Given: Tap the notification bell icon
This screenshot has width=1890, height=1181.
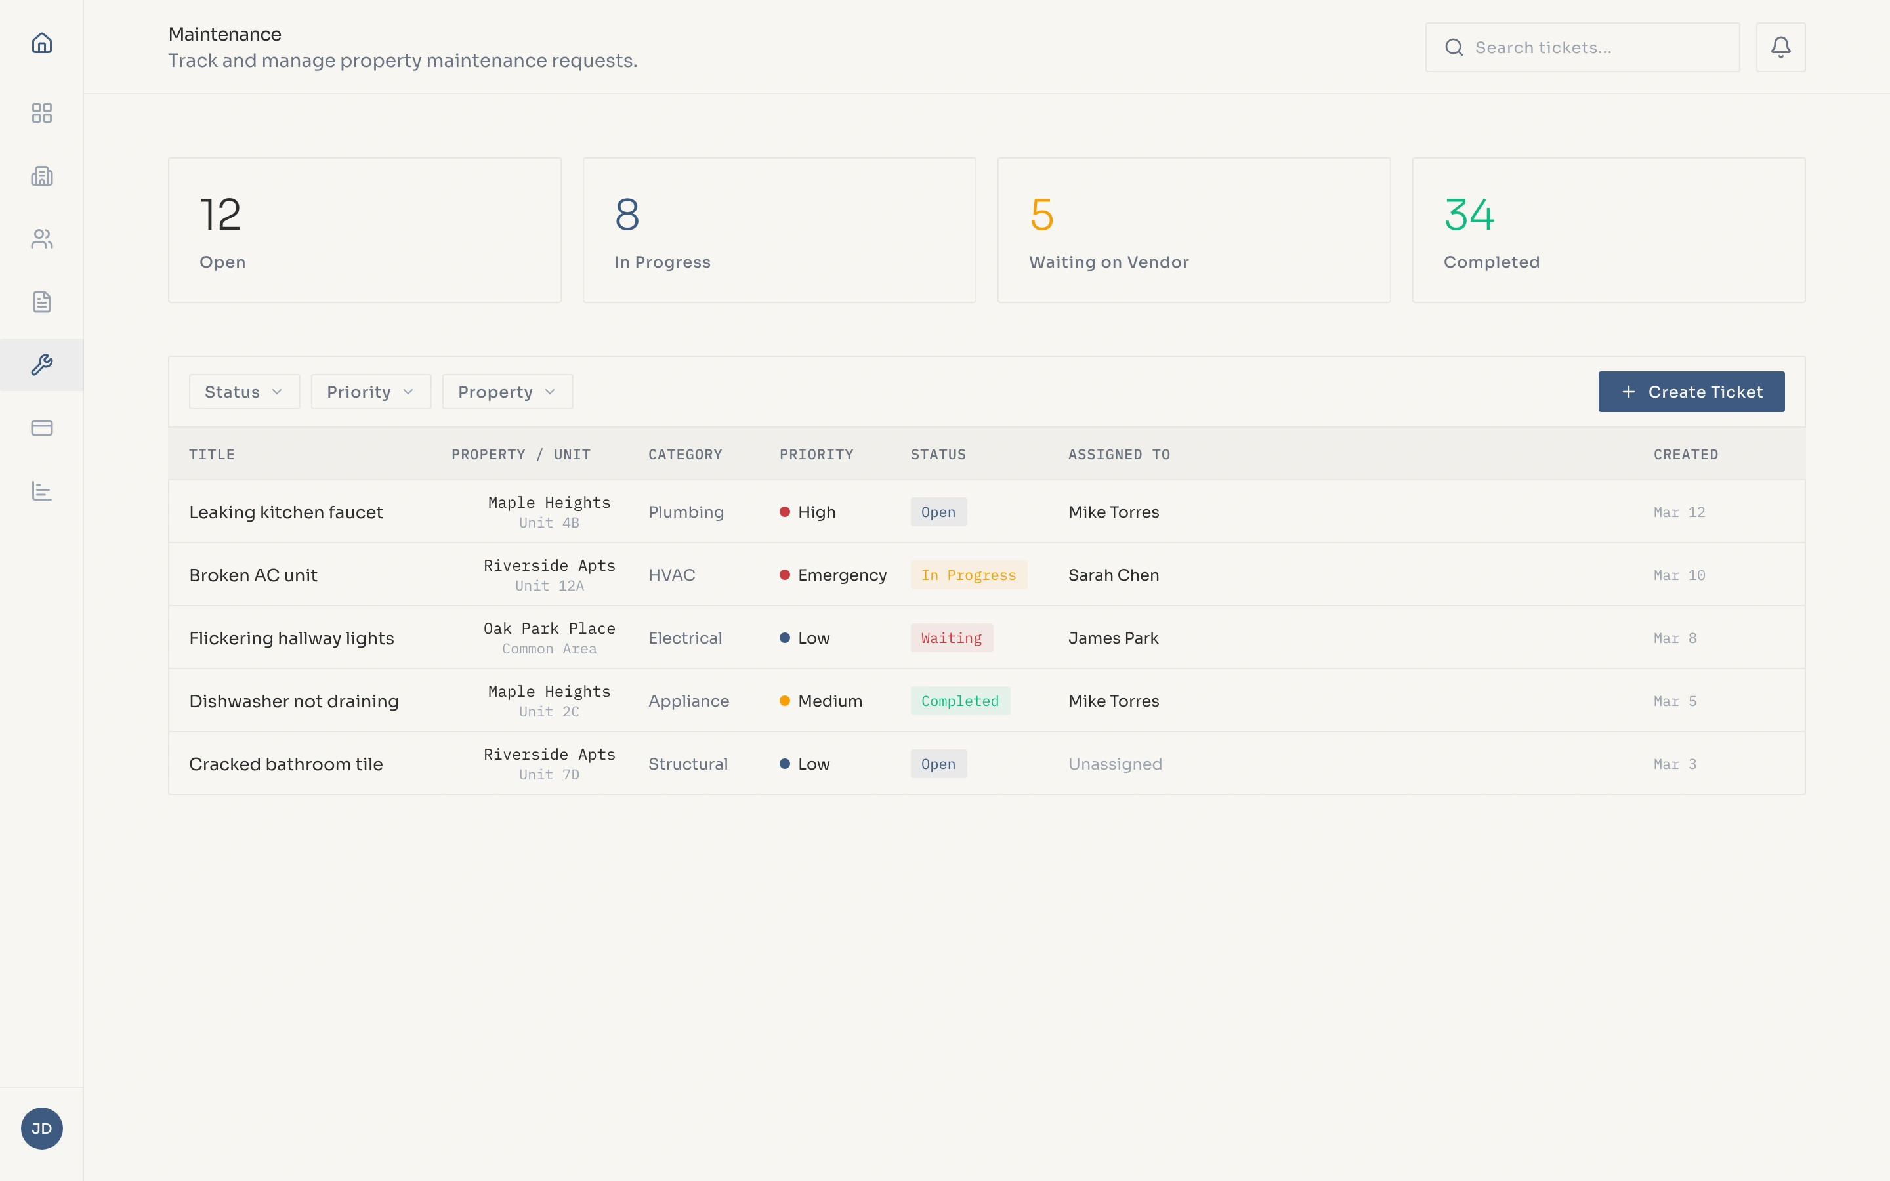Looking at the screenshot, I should click(1780, 48).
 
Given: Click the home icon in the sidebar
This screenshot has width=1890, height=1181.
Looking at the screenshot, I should click(42, 43).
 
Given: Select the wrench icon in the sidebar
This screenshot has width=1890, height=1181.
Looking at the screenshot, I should click(42, 365).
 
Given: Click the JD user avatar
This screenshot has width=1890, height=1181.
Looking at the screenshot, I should click(42, 1128).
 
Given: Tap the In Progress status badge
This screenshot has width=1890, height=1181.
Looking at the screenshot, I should click(969, 575).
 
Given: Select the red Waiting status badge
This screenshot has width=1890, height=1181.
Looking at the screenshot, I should click(952, 638).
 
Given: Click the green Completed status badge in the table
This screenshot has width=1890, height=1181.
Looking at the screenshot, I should click(960, 701).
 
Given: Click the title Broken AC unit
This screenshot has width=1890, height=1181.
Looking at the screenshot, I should click(253, 575).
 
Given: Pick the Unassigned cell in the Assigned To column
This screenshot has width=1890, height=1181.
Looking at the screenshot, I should click(1114, 764).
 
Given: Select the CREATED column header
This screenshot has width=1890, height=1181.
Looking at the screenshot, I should click(1685, 455).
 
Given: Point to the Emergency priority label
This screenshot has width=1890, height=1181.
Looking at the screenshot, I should click(841, 575).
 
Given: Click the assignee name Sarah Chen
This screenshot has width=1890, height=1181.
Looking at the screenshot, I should click(1113, 575).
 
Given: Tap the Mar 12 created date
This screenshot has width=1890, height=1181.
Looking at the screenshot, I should click(1679, 512).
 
